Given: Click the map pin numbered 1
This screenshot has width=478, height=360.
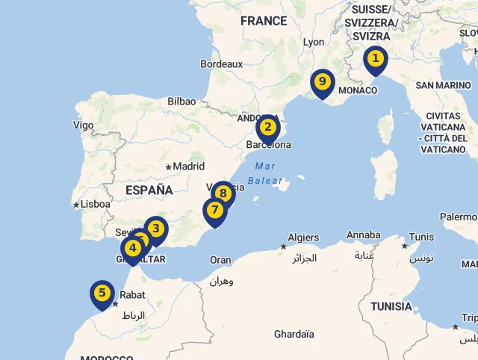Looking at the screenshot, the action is tap(375, 59).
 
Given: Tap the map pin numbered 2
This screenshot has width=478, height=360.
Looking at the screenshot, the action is tap(267, 128).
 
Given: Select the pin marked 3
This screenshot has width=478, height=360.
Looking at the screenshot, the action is tap(155, 229).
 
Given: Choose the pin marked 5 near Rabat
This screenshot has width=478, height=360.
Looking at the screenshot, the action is tap(102, 293).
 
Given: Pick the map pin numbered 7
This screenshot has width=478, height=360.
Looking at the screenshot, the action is tap(215, 211).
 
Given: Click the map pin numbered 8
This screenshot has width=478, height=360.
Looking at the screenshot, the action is tap(223, 193).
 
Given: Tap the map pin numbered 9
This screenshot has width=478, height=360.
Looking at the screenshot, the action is tap(322, 82).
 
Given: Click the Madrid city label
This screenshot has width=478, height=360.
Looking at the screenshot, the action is tap(189, 167).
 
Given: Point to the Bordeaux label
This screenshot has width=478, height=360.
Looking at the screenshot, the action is tap(222, 64).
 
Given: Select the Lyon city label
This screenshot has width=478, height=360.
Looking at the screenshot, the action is tap(314, 43).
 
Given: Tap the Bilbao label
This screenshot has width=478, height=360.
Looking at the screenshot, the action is tap(181, 101).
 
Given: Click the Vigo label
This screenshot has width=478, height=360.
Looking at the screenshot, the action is tap(84, 125).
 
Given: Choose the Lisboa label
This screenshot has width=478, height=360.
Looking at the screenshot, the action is tap(95, 204).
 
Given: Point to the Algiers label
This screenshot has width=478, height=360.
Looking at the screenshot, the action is tap(303, 238).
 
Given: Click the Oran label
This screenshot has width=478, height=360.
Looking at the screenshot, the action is tap(220, 260).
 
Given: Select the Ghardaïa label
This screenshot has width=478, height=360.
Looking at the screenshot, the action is tap(294, 334).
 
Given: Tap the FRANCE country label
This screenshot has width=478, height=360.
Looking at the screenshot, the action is tap(264, 21).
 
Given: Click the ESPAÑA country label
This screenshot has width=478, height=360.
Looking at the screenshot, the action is tap(149, 190).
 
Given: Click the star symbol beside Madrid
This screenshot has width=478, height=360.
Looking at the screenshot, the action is tap(169, 167).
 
